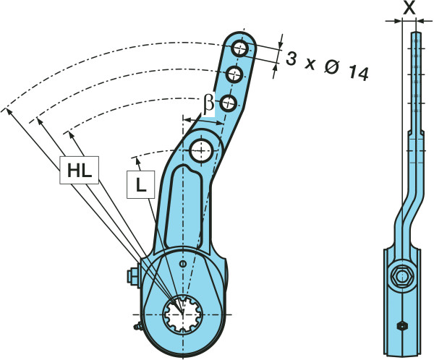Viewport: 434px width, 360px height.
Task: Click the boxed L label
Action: [x=140, y=185]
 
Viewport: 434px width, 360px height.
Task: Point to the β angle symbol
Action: [x=208, y=104]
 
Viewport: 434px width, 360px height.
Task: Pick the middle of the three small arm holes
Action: [x=234, y=74]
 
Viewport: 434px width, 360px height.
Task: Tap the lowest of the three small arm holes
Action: [x=228, y=100]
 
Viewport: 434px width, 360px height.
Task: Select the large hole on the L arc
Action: [x=202, y=150]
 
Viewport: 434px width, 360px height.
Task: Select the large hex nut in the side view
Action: [x=401, y=278]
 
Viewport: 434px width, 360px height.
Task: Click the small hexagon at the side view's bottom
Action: [x=402, y=326]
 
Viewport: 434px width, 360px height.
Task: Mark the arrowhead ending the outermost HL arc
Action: [x=6, y=111]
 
